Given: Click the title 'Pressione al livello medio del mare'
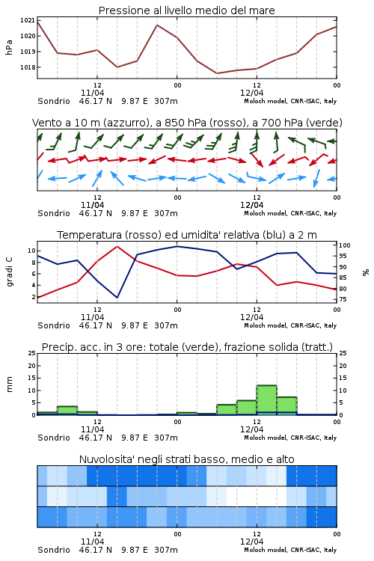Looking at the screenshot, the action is pyautogui.click(x=186, y=10).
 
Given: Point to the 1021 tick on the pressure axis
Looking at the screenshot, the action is pyautogui.click(x=28, y=20).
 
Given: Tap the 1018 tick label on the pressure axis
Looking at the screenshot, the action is pyautogui.click(x=28, y=67).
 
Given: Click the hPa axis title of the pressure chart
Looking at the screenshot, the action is pyautogui.click(x=9, y=47).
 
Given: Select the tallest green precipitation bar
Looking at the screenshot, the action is pyautogui.click(x=266, y=400).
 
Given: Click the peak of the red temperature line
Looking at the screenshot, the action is pyautogui.click(x=117, y=246).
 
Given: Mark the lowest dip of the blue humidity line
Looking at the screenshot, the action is pyautogui.click(x=117, y=297).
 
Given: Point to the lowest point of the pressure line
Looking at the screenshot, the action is pyautogui.click(x=216, y=73).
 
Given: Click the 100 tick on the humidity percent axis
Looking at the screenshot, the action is pyautogui.click(x=345, y=245).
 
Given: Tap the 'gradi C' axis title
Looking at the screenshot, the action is pyautogui.click(x=9, y=272).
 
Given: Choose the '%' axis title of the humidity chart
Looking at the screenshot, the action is pyautogui.click(x=366, y=272).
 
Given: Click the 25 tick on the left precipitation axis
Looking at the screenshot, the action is pyautogui.click(x=32, y=353).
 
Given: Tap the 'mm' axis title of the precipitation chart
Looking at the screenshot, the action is pyautogui.click(x=9, y=384).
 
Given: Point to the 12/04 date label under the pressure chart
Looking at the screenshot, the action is pyautogui.click(x=251, y=93).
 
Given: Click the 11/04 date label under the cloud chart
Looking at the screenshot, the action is pyautogui.click(x=92, y=542).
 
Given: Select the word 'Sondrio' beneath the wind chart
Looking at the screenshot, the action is pyautogui.click(x=54, y=213).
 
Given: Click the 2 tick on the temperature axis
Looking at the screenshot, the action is pyautogui.click(x=34, y=297).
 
